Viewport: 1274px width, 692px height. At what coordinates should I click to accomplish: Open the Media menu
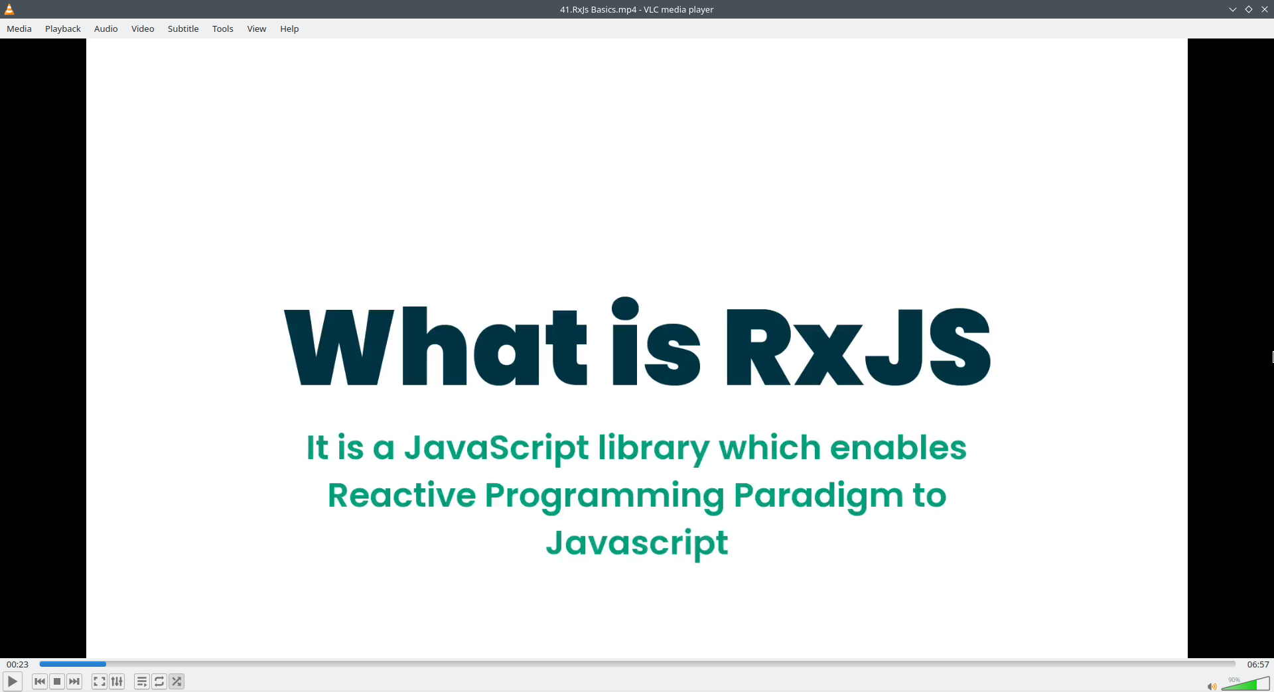click(19, 29)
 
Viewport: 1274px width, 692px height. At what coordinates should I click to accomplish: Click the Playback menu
click(63, 29)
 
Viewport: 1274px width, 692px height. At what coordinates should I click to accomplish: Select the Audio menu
click(106, 29)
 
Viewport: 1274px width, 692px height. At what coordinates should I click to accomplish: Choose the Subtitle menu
click(183, 29)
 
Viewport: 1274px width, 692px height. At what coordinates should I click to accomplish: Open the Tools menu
click(223, 29)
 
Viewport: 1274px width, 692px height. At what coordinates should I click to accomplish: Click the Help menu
click(289, 29)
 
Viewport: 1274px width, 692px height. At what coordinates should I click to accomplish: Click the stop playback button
click(57, 681)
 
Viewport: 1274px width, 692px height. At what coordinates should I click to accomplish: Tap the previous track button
click(40, 681)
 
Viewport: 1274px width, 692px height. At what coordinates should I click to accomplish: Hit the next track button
click(74, 681)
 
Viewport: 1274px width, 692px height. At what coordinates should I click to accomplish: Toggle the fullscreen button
click(100, 681)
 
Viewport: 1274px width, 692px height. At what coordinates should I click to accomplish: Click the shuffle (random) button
click(177, 681)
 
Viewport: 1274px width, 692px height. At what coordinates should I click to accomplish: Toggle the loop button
click(159, 681)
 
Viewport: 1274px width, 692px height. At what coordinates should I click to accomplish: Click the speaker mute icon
click(1212, 687)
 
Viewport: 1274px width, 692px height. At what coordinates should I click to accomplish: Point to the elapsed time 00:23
click(18, 664)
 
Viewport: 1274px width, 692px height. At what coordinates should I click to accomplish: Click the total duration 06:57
click(1258, 664)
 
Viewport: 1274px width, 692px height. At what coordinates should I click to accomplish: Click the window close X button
click(1265, 9)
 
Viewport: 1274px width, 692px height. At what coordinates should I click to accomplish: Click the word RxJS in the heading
click(858, 346)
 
